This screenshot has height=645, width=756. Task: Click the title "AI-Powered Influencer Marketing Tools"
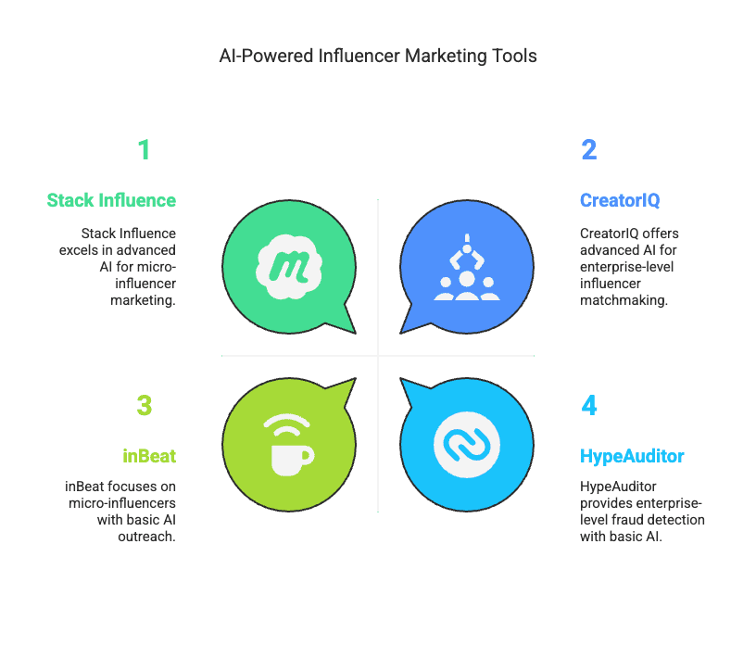[x=378, y=56]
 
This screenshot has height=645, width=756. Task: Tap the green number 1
[x=144, y=150]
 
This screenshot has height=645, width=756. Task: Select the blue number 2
[x=588, y=150]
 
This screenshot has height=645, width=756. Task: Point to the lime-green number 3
[x=144, y=405]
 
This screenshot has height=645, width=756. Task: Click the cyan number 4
[x=589, y=405]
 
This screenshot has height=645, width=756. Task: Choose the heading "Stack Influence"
[x=111, y=200]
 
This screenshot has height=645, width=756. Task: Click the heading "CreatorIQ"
[x=620, y=200]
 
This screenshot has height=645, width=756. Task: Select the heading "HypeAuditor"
[x=632, y=456]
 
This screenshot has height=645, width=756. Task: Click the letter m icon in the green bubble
[x=290, y=264]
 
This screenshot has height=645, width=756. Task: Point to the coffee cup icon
[x=290, y=456]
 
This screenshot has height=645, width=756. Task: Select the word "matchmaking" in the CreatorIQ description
[x=624, y=300]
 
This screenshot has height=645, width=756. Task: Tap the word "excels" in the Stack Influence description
[x=103, y=250]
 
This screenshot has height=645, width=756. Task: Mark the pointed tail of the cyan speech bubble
[x=409, y=389]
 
